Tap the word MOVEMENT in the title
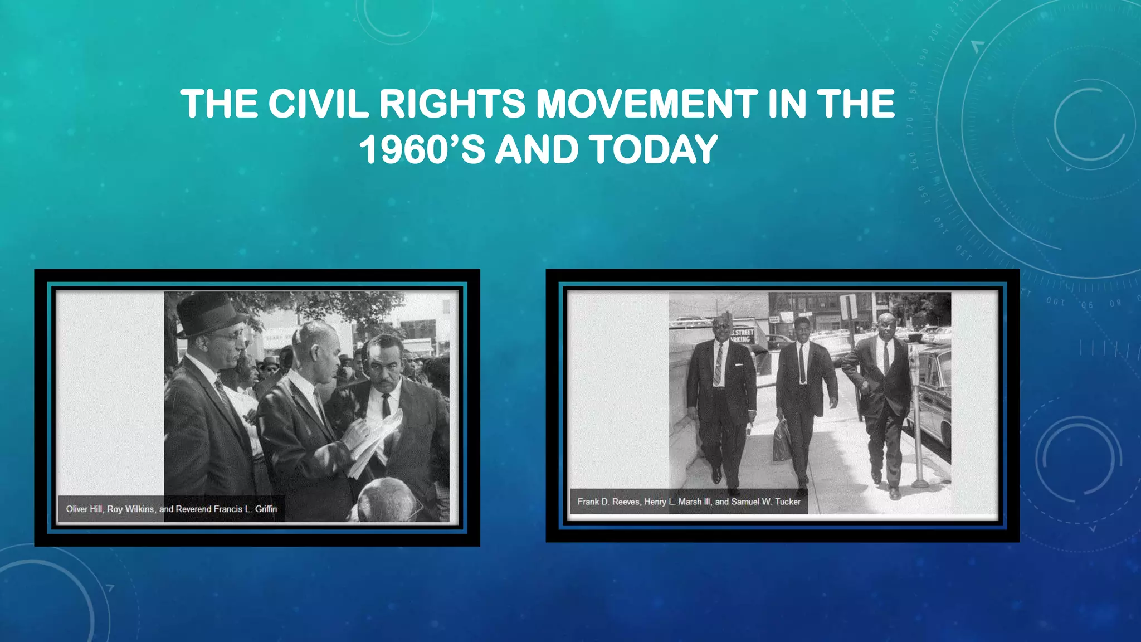(646, 104)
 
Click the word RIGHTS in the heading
(452, 104)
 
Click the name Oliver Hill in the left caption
(84, 509)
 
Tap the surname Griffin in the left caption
(266, 509)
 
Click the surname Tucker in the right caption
(787, 502)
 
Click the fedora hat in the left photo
(209, 315)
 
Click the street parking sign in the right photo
(742, 335)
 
